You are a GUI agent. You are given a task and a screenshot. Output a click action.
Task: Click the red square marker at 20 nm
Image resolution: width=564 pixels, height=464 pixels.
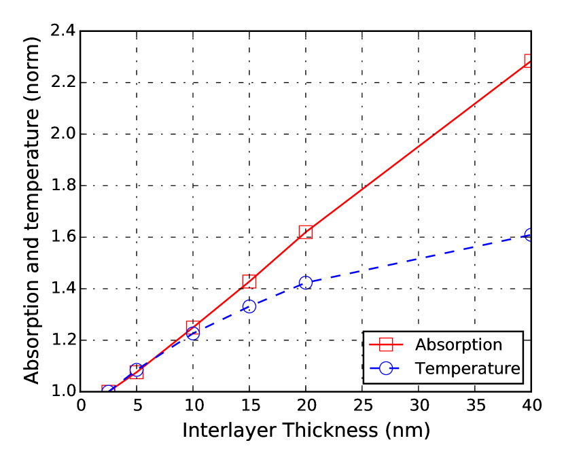click(x=306, y=232)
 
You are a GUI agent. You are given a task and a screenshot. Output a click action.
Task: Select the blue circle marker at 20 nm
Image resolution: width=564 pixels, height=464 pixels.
click(x=306, y=282)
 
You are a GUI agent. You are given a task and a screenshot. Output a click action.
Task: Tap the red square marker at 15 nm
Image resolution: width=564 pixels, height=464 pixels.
click(x=249, y=281)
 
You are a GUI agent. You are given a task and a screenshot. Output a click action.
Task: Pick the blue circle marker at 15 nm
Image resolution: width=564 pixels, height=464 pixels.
click(x=249, y=306)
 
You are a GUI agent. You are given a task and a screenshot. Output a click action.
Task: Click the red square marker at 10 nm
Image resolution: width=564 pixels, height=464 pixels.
click(x=193, y=327)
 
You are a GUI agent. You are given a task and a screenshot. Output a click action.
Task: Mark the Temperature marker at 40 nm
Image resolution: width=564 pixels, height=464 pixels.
click(x=529, y=234)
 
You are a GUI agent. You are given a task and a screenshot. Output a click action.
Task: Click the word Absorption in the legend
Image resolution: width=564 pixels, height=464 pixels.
click(x=459, y=344)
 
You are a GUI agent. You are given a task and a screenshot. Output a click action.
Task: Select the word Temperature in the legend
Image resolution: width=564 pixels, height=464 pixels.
click(x=468, y=368)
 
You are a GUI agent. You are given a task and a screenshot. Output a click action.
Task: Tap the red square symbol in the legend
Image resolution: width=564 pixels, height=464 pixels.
click(x=387, y=344)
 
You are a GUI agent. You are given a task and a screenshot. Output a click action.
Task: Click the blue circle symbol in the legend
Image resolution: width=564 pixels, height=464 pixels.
click(x=387, y=368)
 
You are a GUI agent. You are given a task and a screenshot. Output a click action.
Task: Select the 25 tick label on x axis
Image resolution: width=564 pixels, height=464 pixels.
click(x=362, y=406)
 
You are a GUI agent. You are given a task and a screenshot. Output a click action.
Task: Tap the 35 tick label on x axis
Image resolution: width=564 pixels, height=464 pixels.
click(x=474, y=406)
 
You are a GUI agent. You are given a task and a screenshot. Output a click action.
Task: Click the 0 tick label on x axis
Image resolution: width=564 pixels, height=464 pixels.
click(x=81, y=406)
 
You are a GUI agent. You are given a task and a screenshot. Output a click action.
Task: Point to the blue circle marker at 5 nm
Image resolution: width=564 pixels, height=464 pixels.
click(x=137, y=370)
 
